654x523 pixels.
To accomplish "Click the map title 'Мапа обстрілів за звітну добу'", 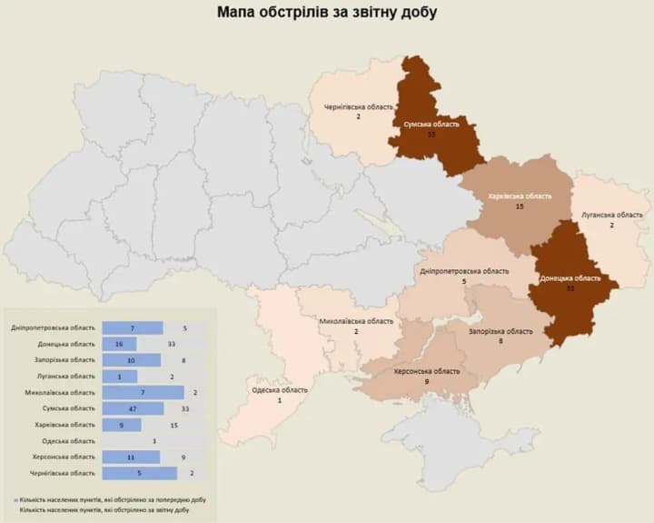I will (x=327, y=13).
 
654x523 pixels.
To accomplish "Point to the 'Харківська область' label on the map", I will (x=520, y=196).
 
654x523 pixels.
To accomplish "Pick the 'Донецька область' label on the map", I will (x=570, y=278).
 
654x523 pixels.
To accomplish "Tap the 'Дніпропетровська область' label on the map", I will (x=464, y=272).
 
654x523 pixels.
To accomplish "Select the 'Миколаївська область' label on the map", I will (x=356, y=322).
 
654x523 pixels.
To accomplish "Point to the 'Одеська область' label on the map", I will (x=280, y=390).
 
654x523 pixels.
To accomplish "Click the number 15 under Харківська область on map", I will (x=520, y=207).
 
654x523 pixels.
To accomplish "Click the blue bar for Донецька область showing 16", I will (x=119, y=344).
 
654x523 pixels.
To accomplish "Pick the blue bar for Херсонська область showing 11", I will (x=132, y=458).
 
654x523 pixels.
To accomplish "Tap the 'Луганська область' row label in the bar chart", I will (x=66, y=377).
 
